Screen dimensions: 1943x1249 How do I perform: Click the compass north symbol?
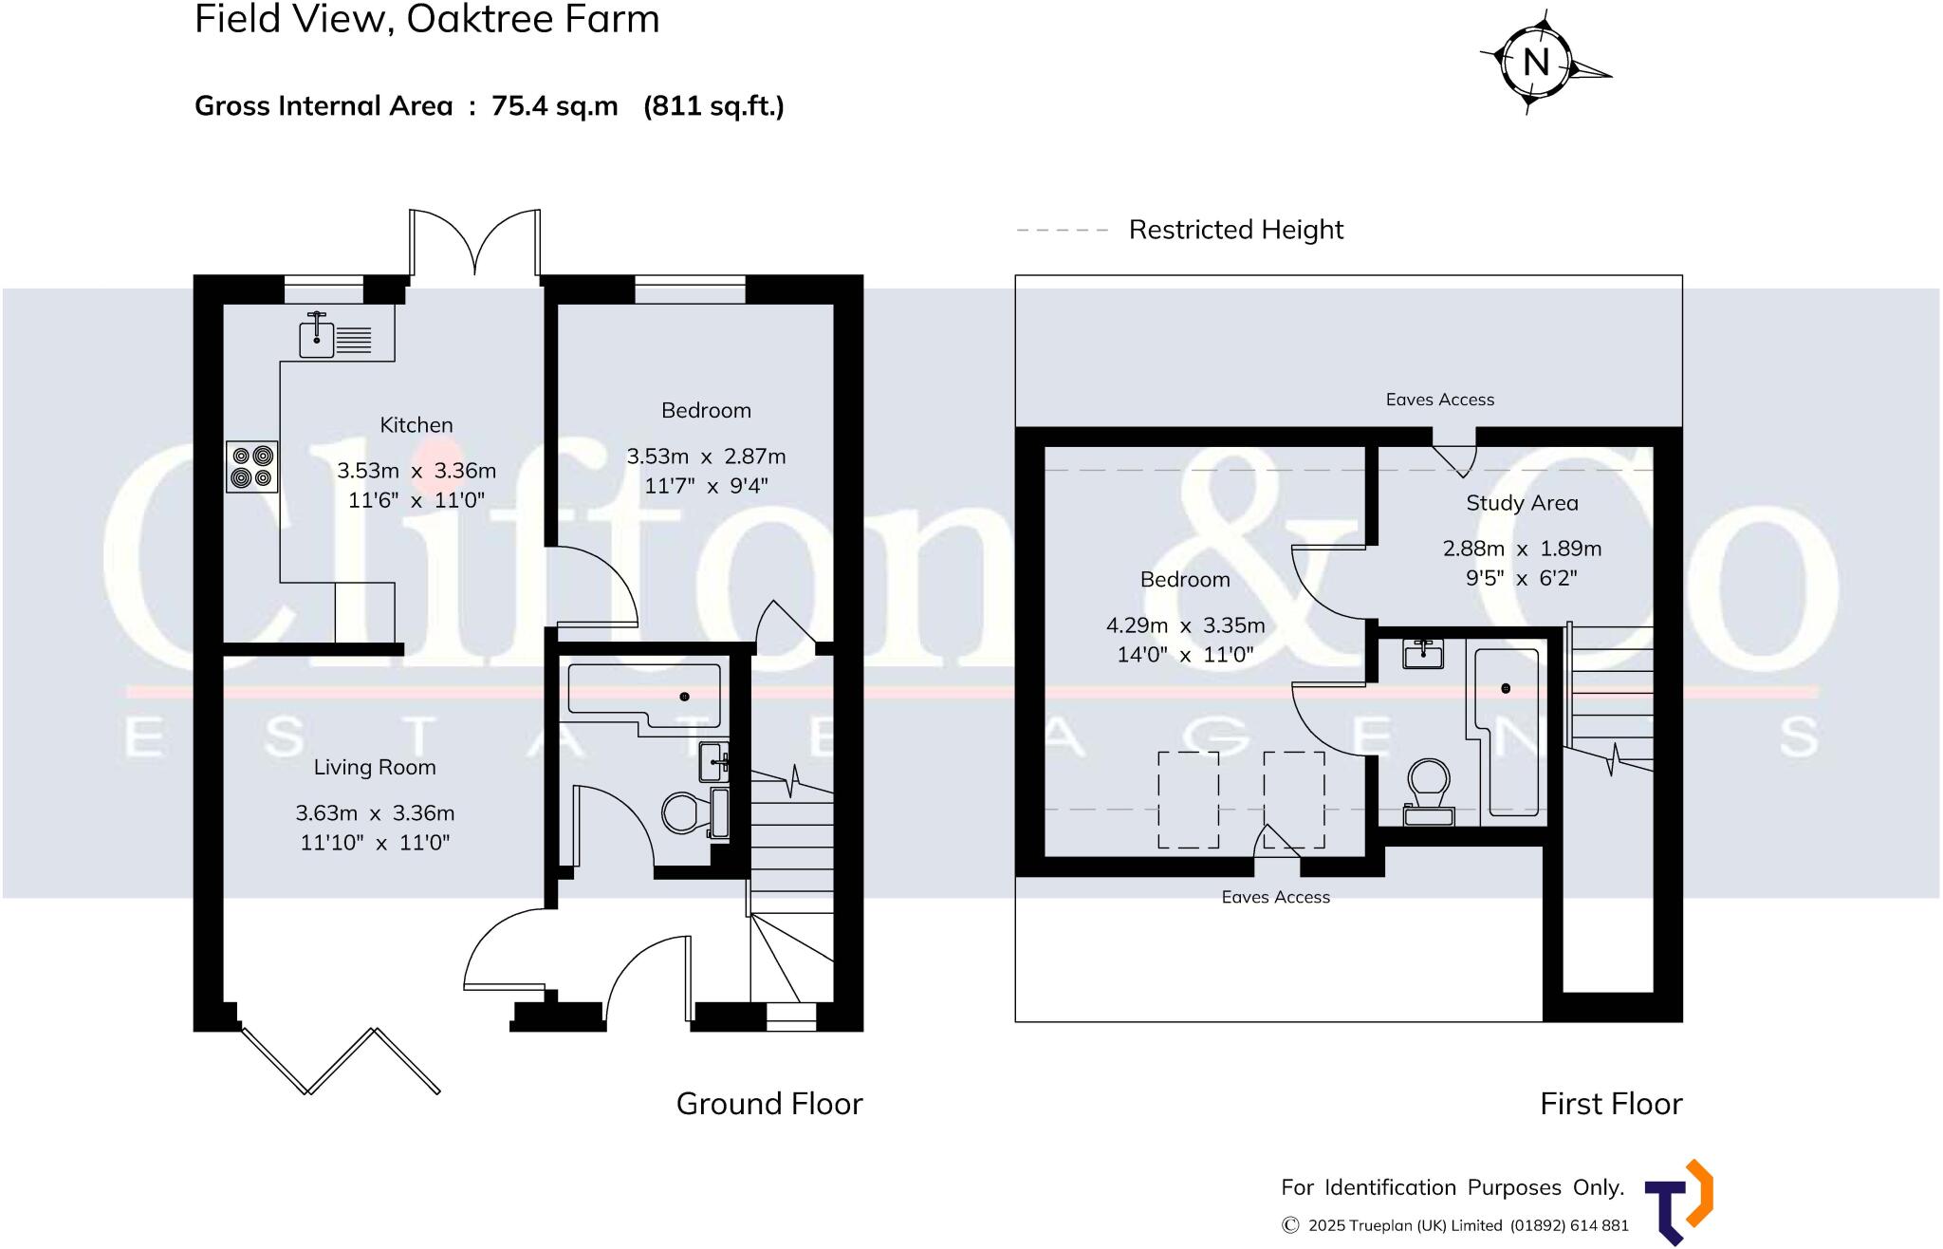point(1536,63)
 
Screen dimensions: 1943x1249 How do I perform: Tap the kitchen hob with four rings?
point(252,467)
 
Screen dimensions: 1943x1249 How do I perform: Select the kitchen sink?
point(335,336)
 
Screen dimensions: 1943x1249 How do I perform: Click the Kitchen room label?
point(416,425)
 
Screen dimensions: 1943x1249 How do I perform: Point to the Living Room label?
point(375,767)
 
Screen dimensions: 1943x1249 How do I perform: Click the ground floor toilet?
point(681,812)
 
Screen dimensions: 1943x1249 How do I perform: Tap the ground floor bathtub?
point(645,698)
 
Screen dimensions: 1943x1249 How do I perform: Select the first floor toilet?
point(1429,788)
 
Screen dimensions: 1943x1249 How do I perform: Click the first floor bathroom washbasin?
point(1423,654)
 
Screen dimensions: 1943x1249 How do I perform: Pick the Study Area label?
point(1522,503)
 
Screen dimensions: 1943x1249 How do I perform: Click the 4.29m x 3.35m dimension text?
point(1185,625)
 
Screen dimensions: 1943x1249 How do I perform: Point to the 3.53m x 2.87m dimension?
point(706,457)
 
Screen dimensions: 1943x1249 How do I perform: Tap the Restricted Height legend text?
point(1235,230)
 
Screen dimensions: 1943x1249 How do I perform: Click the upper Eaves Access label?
point(1439,400)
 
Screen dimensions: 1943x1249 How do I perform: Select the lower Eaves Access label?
point(1275,897)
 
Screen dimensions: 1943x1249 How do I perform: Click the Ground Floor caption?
point(769,1104)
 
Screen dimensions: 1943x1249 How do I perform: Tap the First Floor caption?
point(1610,1104)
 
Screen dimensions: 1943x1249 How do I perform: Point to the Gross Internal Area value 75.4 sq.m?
point(554,105)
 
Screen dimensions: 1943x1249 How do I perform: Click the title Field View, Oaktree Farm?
point(427,19)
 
